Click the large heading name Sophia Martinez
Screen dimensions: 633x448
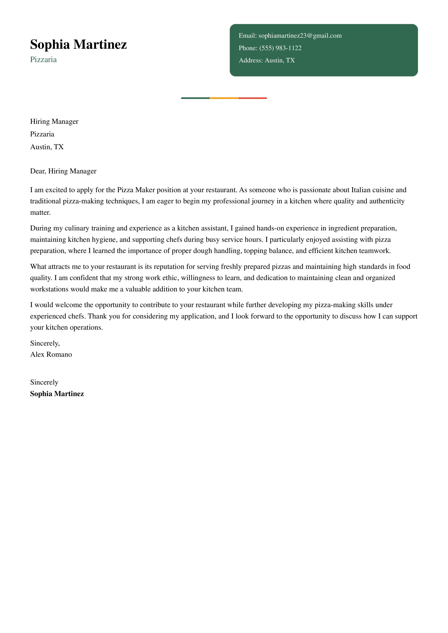pyautogui.click(x=78, y=44)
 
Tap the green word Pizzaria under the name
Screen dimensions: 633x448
pyautogui.click(x=43, y=60)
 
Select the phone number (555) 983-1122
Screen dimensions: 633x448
pyautogui.click(x=280, y=48)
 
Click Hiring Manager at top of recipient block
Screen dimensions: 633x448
pyautogui.click(x=54, y=122)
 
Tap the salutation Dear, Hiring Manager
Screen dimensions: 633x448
pyautogui.click(x=63, y=171)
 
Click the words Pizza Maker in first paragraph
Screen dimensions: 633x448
pyautogui.click(x=136, y=190)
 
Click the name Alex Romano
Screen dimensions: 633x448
pyautogui.click(x=51, y=355)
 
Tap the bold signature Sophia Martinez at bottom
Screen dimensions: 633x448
pyautogui.click(x=57, y=394)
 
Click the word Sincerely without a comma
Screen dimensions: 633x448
pyautogui.click(x=44, y=382)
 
